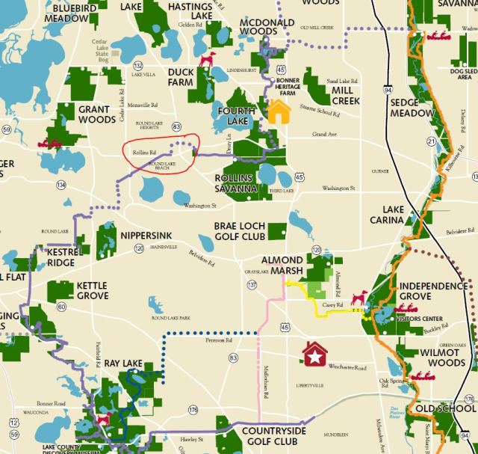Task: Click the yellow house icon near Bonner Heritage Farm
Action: [x=279, y=111]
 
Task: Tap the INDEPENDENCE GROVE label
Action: [x=433, y=292]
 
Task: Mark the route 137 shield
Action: [x=252, y=285]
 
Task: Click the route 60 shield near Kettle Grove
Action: [x=61, y=307]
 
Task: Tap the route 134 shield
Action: [x=60, y=184]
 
